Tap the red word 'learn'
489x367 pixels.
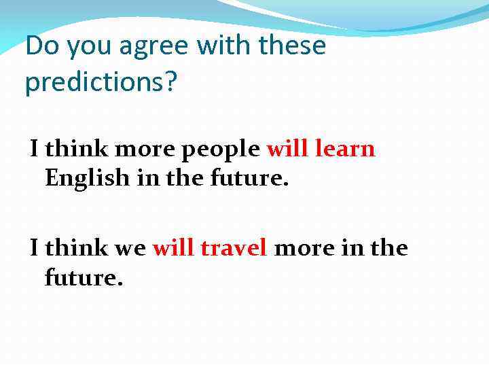(x=345, y=148)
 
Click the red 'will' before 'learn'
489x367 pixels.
(x=288, y=148)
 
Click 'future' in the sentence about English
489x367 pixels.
(x=249, y=178)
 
